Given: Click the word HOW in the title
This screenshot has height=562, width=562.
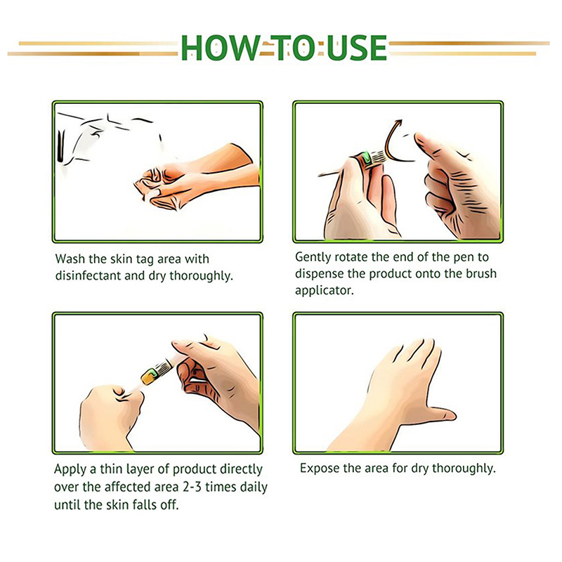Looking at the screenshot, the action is pyautogui.click(x=219, y=48).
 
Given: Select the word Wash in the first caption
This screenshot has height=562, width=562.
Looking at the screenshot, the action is pyautogui.click(x=71, y=259).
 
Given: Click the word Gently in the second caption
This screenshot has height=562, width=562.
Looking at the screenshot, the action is pyautogui.click(x=313, y=258).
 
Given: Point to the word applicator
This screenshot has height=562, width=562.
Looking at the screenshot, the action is pyautogui.click(x=325, y=291).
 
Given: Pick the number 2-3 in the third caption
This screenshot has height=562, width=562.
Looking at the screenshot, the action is pyautogui.click(x=192, y=487).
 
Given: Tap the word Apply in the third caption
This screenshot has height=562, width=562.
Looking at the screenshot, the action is pyautogui.click(x=69, y=470).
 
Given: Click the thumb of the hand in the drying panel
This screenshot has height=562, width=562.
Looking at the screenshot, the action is pyautogui.click(x=441, y=414).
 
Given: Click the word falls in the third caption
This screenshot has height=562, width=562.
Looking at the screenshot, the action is pyautogui.click(x=144, y=505).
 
